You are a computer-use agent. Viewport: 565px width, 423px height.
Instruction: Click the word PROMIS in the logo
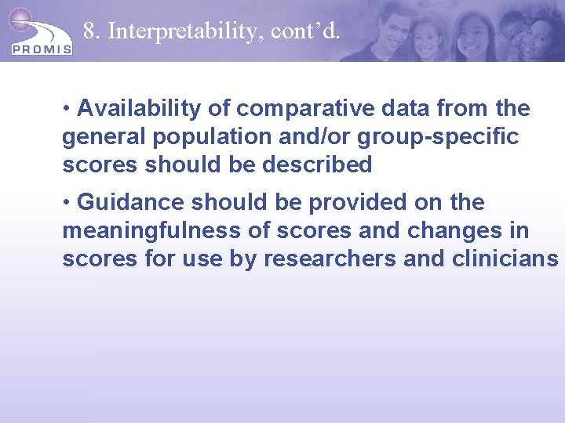pyautogui.click(x=42, y=49)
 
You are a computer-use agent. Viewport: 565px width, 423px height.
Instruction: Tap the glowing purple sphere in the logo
pyautogui.click(x=20, y=19)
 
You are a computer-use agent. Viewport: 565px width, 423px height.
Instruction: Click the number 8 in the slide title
pyautogui.click(x=89, y=31)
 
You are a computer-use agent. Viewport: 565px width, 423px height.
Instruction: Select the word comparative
pyautogui.click(x=288, y=108)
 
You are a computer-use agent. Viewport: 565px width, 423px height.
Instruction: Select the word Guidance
pyautogui.click(x=131, y=202)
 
